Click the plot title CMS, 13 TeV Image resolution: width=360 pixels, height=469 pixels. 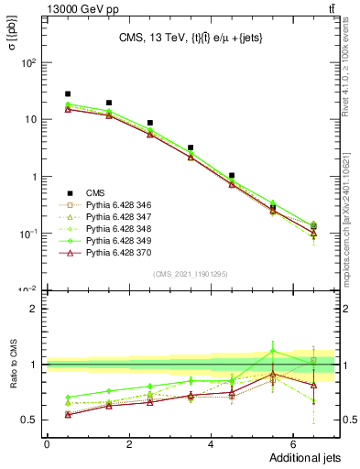(x=191, y=38)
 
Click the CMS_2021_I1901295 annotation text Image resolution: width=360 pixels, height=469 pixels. (x=191, y=274)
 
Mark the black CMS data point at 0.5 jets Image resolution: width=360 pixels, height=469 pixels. (x=68, y=93)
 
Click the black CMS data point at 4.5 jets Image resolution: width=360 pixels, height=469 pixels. (x=232, y=175)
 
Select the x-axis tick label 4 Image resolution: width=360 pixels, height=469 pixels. (x=211, y=444)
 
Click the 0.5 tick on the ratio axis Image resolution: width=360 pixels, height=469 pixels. (x=33, y=420)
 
